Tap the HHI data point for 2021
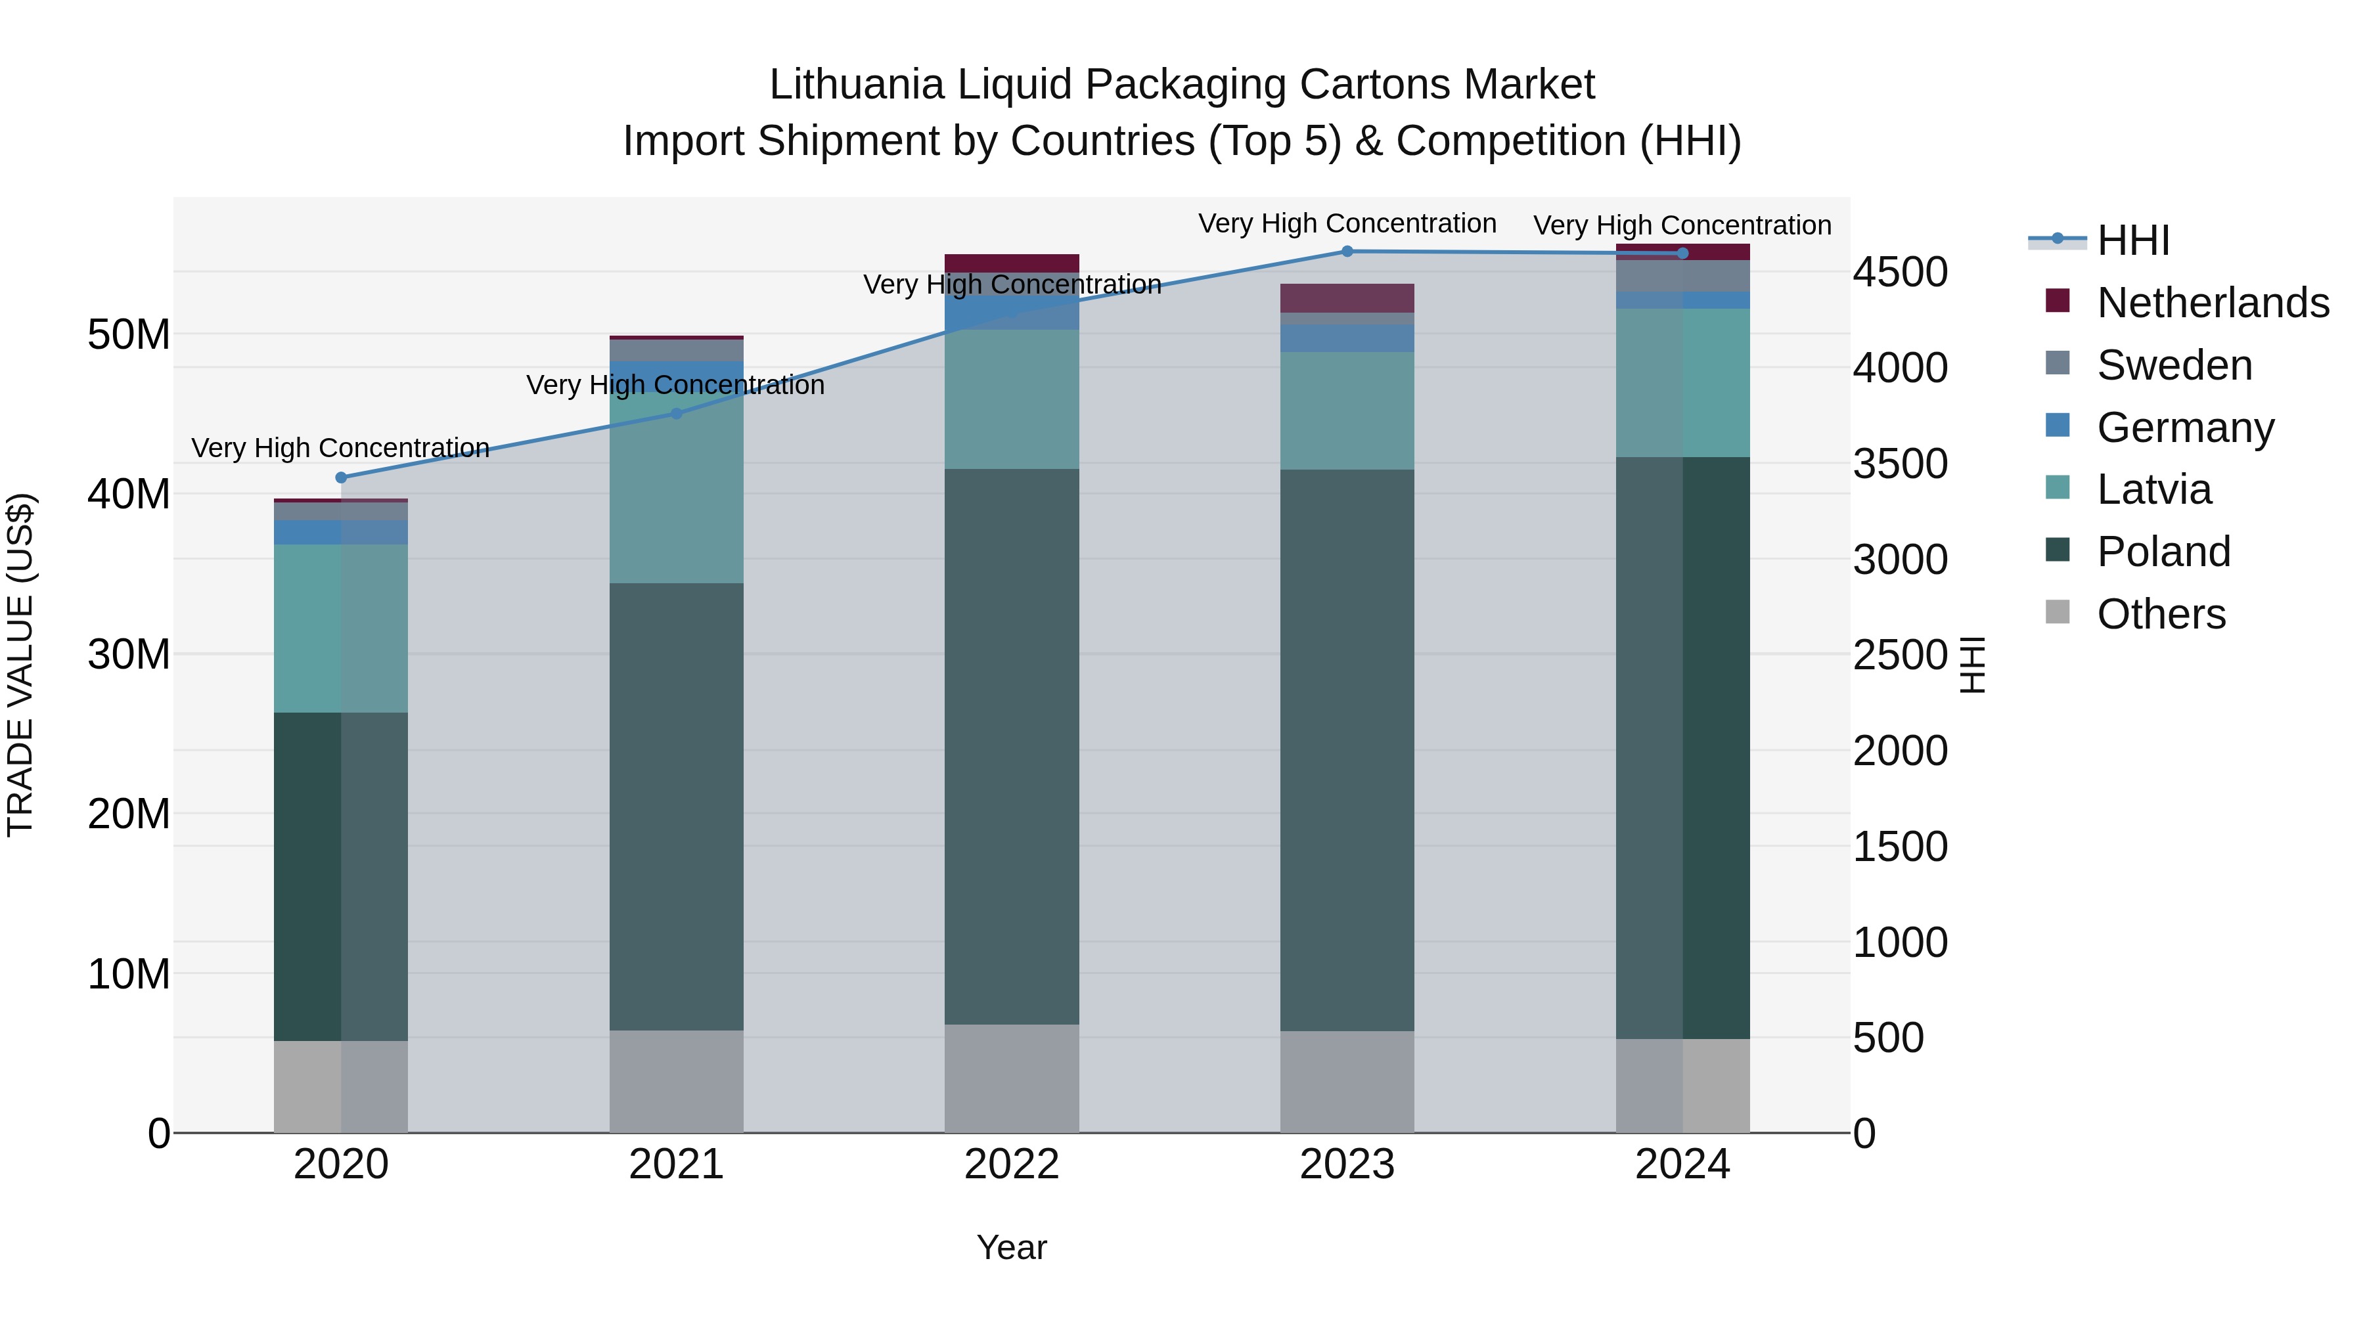coord(677,414)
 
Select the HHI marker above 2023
coord(1347,252)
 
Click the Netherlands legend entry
coord(2213,303)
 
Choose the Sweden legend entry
coord(2174,365)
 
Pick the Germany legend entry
coord(2185,428)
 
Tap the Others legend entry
coord(2161,614)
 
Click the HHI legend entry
coord(2132,240)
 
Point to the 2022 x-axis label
coord(1012,1164)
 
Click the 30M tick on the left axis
coord(129,654)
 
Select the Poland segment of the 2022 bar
coord(1012,746)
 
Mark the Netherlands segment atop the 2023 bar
coord(1347,298)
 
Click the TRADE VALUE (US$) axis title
coord(20,665)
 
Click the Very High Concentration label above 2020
coord(340,448)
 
